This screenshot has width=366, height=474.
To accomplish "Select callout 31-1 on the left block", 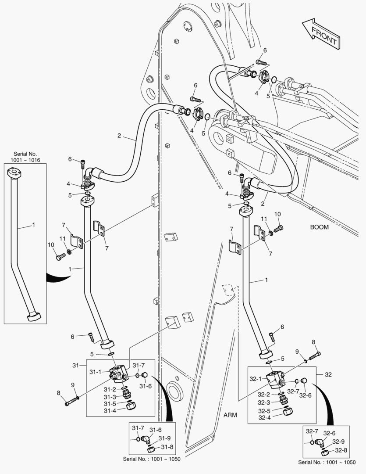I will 96,372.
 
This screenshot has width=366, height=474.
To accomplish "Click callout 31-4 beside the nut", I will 110,411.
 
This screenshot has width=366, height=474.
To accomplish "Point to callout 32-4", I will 264,418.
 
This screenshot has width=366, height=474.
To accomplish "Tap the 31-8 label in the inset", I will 167,447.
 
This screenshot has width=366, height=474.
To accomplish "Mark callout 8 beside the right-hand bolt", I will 313,342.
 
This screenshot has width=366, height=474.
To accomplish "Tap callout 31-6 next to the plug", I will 146,386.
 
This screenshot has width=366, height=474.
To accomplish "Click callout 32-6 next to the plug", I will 305,395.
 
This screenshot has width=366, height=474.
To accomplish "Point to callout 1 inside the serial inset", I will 33,225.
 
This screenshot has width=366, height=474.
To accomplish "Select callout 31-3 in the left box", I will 110,397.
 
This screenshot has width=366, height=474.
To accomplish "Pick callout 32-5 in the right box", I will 264,411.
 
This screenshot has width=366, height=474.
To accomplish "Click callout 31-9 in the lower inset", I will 165,438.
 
